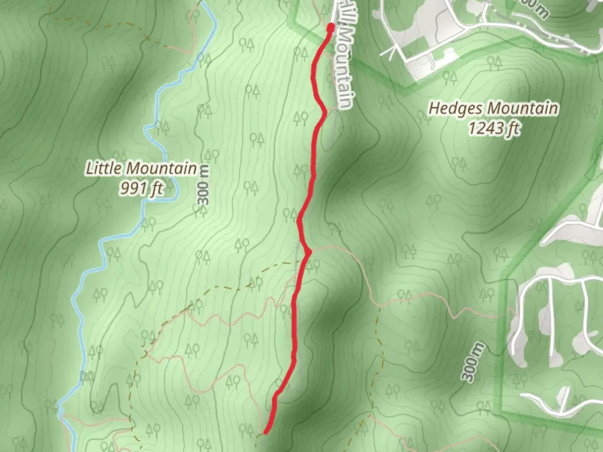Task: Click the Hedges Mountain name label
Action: coord(493,108)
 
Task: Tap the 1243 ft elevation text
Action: coord(493,128)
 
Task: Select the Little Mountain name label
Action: coord(141,168)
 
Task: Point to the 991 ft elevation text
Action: coord(141,188)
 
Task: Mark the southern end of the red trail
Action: coord(265,431)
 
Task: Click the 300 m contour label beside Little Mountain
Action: coord(204,190)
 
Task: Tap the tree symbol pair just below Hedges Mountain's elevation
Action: coord(459,162)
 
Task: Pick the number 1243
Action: coord(484,128)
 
